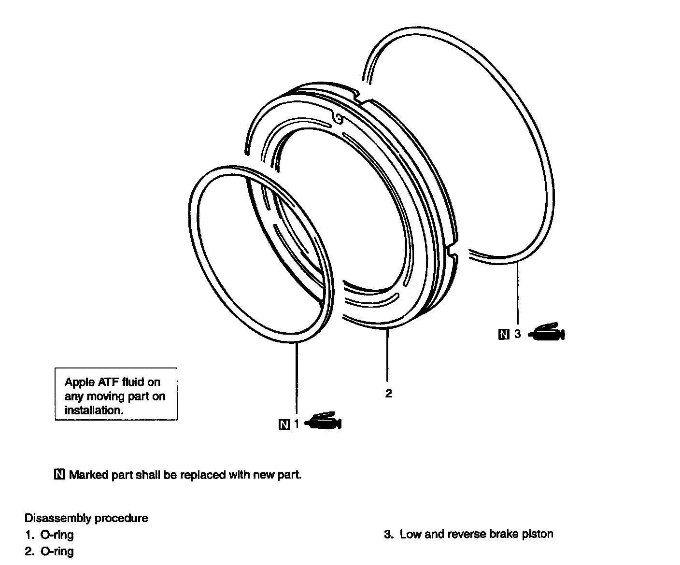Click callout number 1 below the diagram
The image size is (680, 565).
pyautogui.click(x=297, y=424)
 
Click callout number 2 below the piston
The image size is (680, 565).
pyautogui.click(x=388, y=394)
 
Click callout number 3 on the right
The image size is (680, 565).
pyautogui.click(x=517, y=334)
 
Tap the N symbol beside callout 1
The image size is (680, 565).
pyautogui.click(x=284, y=424)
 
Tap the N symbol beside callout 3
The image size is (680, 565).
pyautogui.click(x=503, y=334)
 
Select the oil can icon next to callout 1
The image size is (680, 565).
pyautogui.click(x=325, y=422)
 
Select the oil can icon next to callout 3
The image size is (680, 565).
pyautogui.click(x=547, y=332)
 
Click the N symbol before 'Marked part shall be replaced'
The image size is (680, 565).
pyautogui.click(x=60, y=474)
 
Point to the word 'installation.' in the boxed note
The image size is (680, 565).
pyautogui.click(x=94, y=410)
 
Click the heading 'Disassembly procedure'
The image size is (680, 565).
pyautogui.click(x=86, y=518)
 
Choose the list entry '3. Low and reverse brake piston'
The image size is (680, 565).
pyautogui.click(x=468, y=534)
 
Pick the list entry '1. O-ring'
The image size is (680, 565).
pyautogui.click(x=49, y=535)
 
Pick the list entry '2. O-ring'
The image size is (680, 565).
pyautogui.click(x=49, y=551)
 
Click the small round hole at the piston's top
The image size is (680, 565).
pyautogui.click(x=339, y=118)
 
